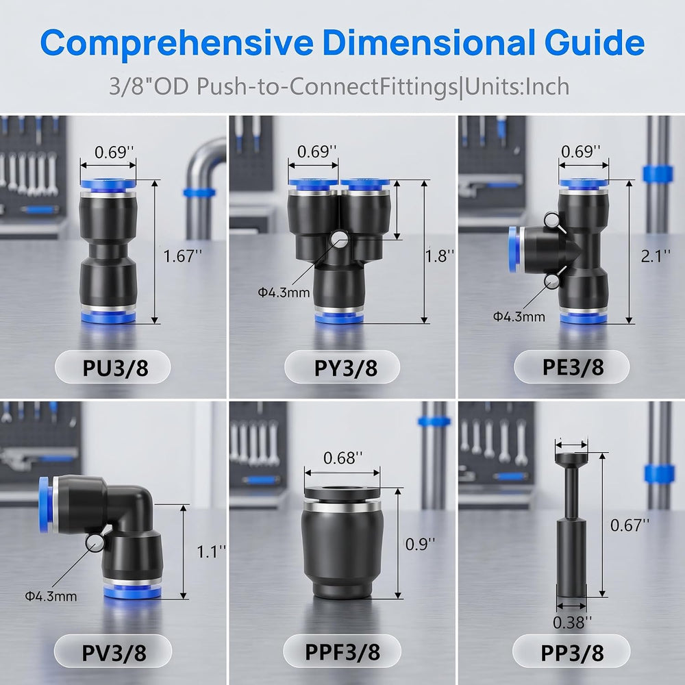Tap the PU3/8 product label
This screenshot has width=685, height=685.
point(115,368)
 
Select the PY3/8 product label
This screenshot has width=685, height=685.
point(345,368)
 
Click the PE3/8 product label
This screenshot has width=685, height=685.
point(573,367)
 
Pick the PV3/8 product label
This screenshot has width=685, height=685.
point(114,653)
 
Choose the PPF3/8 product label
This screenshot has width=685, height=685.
point(342,652)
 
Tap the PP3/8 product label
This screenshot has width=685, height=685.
point(572,653)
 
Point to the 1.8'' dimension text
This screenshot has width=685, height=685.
point(440,256)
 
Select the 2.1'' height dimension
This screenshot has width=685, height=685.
point(656,256)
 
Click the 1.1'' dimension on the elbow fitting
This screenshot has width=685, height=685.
point(212,551)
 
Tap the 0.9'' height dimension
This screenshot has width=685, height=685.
point(420,544)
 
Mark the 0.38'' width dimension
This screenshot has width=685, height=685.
point(572,622)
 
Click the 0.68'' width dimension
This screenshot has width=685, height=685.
point(343,458)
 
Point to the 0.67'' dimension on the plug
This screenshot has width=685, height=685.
point(630,525)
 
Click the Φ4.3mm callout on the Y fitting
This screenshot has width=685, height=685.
point(284,292)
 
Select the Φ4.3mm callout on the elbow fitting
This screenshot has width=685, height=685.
point(51,596)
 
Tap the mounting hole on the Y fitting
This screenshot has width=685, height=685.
point(340,238)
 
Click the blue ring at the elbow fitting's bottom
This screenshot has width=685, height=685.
point(132,592)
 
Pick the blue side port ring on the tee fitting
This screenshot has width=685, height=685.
point(514,249)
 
